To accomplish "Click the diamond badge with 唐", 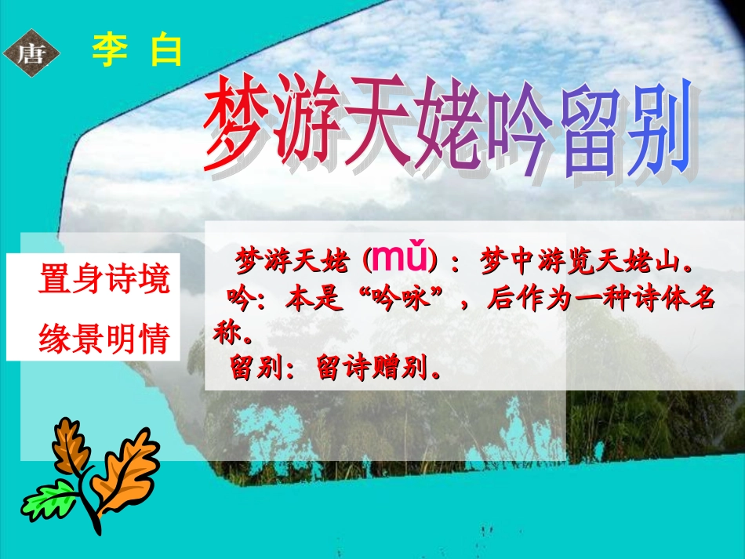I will (32, 53).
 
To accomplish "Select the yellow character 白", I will (166, 52).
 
